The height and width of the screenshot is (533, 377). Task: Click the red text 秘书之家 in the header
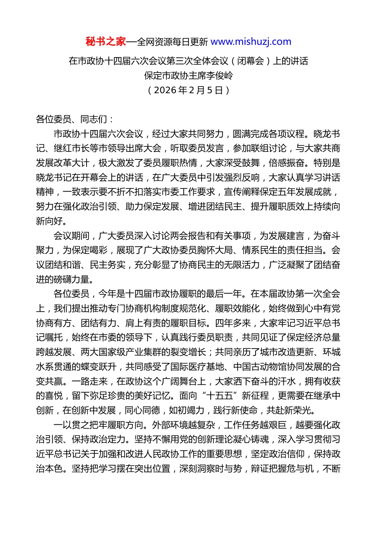pyautogui.click(x=106, y=42)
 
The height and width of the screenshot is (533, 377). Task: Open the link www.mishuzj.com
pyautogui.click(x=251, y=42)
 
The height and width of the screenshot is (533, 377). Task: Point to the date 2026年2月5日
pyautogui.click(x=188, y=90)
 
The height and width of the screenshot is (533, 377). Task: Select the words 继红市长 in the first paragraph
pyautogui.click(x=72, y=148)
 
